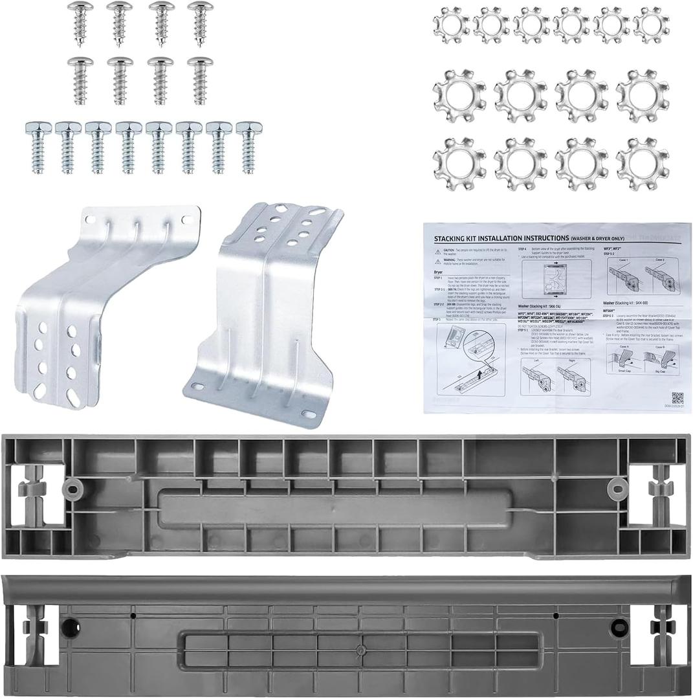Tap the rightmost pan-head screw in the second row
pos(201,79)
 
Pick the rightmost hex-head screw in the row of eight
pos(247,146)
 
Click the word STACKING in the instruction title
pos(454,238)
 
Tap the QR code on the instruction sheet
pos(677,398)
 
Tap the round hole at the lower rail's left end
pos(70,626)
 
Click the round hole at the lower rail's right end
pos(617,626)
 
